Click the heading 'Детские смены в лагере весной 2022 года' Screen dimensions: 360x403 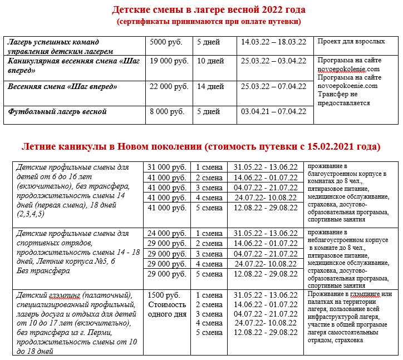point(209,10)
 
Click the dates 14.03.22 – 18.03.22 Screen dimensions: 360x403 point(273,42)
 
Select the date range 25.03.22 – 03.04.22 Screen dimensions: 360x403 point(273,61)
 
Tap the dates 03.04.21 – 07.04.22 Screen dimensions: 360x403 point(273,111)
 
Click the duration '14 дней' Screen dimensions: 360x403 point(210,86)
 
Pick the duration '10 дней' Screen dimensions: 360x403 point(210,61)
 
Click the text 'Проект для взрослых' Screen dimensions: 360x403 point(350,42)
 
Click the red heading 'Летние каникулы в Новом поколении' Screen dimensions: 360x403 point(201,147)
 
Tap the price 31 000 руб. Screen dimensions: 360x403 point(166,167)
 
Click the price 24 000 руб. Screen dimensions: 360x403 point(166,233)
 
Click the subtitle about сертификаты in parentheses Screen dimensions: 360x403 point(209,22)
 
